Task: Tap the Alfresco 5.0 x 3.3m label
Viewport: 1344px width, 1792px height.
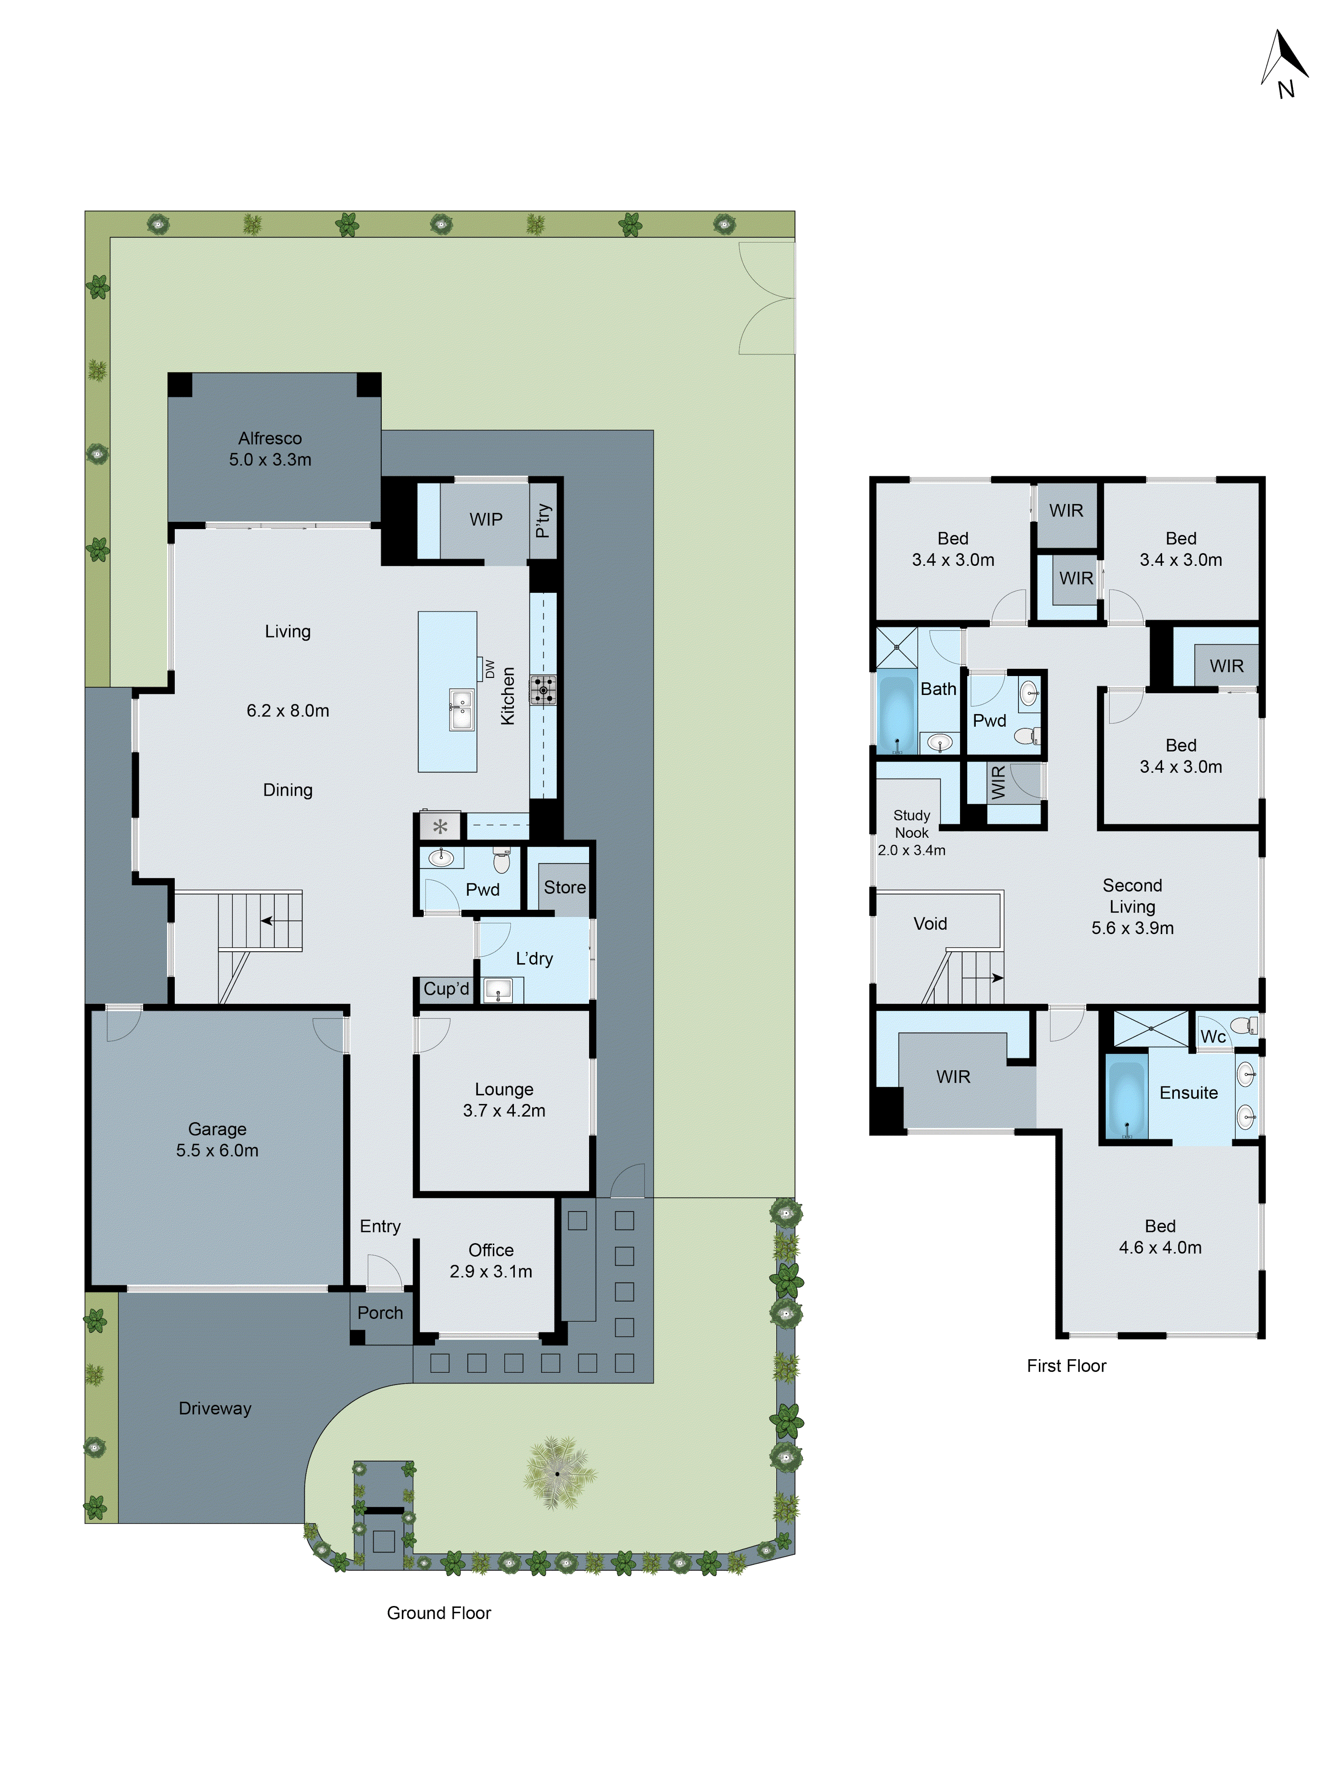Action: click(270, 449)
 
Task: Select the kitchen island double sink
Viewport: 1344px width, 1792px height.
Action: click(461, 711)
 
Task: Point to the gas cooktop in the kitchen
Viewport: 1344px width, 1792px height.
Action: click(543, 690)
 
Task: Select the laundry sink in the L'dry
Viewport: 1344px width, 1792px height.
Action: click(497, 990)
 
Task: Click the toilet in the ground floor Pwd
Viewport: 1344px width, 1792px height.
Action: click(501, 861)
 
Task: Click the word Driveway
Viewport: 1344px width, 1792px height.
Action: click(215, 1408)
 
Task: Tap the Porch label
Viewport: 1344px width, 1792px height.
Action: click(380, 1312)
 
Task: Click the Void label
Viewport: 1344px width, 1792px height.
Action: click(930, 923)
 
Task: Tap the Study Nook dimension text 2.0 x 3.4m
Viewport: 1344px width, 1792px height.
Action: click(911, 850)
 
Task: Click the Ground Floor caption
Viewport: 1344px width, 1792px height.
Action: click(438, 1613)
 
